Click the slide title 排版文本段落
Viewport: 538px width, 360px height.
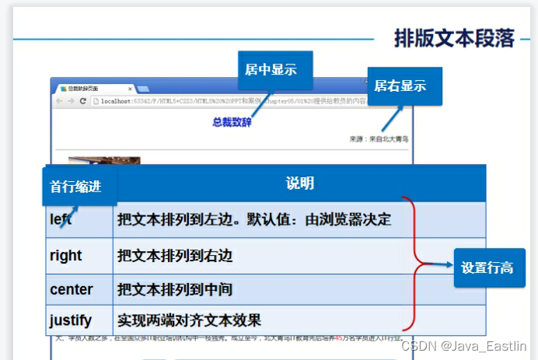tap(453, 37)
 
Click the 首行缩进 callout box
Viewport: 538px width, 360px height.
tap(75, 187)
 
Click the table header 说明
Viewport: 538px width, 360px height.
tap(299, 183)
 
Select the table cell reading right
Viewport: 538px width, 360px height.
tap(66, 256)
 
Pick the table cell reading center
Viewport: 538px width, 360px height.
tap(72, 290)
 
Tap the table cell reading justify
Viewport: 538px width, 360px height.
tap(71, 320)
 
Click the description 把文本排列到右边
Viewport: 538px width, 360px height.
tap(175, 256)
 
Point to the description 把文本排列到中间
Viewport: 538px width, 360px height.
tap(175, 290)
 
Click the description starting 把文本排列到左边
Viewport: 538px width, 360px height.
tap(253, 220)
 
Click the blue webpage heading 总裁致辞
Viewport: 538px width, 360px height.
tap(232, 122)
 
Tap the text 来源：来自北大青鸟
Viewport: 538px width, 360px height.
tap(379, 139)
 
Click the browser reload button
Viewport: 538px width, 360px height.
tap(82, 101)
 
